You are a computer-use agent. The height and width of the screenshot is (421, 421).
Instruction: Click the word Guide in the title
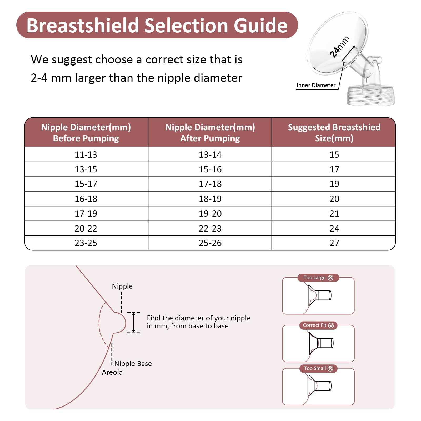[x=260, y=26]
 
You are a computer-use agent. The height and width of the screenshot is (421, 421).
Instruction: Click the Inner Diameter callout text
[x=316, y=85]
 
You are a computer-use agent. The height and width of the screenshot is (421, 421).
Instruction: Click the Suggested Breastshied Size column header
[x=334, y=133]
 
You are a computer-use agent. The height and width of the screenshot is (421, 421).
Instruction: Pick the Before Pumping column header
[x=86, y=133]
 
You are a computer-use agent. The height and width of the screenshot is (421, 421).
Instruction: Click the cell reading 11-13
[x=86, y=154]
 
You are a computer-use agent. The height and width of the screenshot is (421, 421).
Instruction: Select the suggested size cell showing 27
[x=334, y=243]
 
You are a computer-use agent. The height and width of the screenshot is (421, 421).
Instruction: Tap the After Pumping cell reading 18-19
[x=210, y=199]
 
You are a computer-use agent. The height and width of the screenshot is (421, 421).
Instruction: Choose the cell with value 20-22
[x=86, y=228]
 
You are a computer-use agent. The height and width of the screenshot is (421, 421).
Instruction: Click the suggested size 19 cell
[x=334, y=184]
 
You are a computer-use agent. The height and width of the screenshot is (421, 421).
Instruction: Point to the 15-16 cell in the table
[x=210, y=169]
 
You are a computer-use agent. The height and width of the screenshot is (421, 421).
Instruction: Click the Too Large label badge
[x=318, y=278]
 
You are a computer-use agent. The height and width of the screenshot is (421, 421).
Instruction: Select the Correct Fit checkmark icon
[x=331, y=325]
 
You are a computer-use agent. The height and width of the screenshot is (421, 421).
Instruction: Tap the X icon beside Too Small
[x=330, y=369]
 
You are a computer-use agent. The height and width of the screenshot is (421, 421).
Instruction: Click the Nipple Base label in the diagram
[x=133, y=364]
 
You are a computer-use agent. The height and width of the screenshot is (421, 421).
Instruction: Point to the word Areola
[x=112, y=372]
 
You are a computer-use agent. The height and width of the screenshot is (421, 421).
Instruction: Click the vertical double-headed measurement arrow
[x=133, y=323]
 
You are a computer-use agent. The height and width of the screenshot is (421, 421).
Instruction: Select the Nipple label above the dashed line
[x=122, y=286]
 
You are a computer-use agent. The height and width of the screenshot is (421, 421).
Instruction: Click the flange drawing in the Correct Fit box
[x=320, y=343]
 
